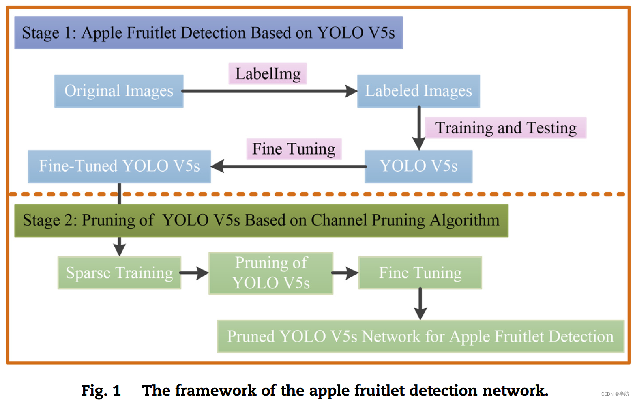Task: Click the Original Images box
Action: [119, 91]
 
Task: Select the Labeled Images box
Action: [418, 91]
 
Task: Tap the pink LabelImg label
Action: [268, 74]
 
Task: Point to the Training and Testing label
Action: [505, 128]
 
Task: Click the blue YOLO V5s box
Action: [418, 166]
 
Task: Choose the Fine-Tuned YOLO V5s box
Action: [119, 166]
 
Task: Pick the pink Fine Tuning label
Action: [294, 149]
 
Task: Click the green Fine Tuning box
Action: [420, 273]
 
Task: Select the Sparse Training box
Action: [119, 273]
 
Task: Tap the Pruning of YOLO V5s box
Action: [271, 273]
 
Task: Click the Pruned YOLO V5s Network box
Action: [420, 336]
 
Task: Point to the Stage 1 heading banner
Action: [208, 33]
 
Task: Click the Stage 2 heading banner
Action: [261, 220]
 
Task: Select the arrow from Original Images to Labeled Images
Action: [270, 91]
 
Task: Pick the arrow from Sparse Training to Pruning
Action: [194, 273]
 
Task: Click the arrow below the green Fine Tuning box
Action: [420, 304]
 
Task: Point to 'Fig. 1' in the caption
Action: [101, 390]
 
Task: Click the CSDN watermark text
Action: [614, 394]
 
